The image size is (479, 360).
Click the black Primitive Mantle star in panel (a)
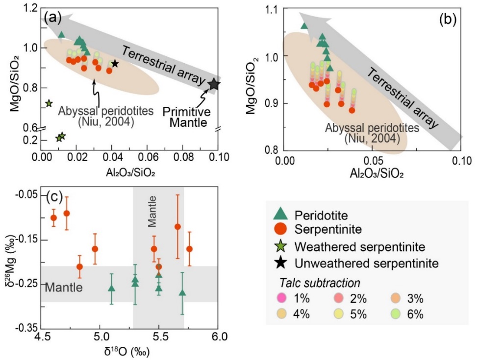(x=214, y=84)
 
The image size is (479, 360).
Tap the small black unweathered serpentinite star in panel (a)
(x=115, y=64)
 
